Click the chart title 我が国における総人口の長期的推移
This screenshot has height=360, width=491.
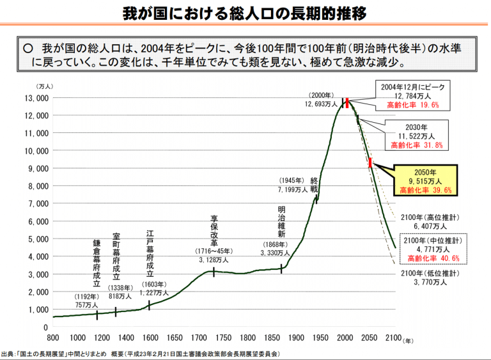[245, 13]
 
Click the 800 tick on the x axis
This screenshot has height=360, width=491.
[53, 338]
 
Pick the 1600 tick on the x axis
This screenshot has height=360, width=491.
[150, 338]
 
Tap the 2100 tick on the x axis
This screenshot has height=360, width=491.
[393, 338]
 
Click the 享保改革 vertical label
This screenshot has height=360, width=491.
[214, 231]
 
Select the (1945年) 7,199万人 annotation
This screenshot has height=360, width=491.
[293, 185]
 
